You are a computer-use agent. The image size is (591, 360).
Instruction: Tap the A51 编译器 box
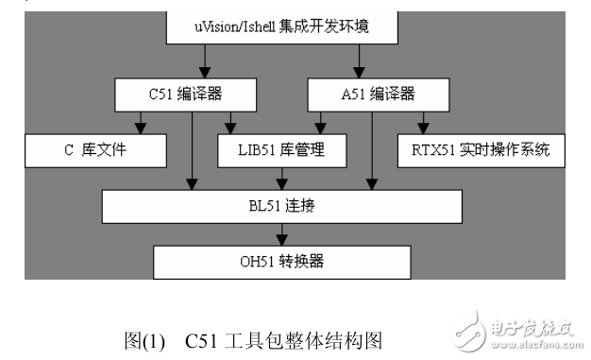coord(378,94)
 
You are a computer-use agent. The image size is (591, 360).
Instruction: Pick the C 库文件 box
coord(94,149)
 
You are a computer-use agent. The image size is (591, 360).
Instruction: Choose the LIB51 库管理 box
coord(282,149)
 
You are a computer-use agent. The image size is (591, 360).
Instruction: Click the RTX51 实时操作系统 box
coord(481,149)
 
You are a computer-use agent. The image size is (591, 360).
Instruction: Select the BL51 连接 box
coord(281,205)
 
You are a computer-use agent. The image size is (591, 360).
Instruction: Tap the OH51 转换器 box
coord(280,260)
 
